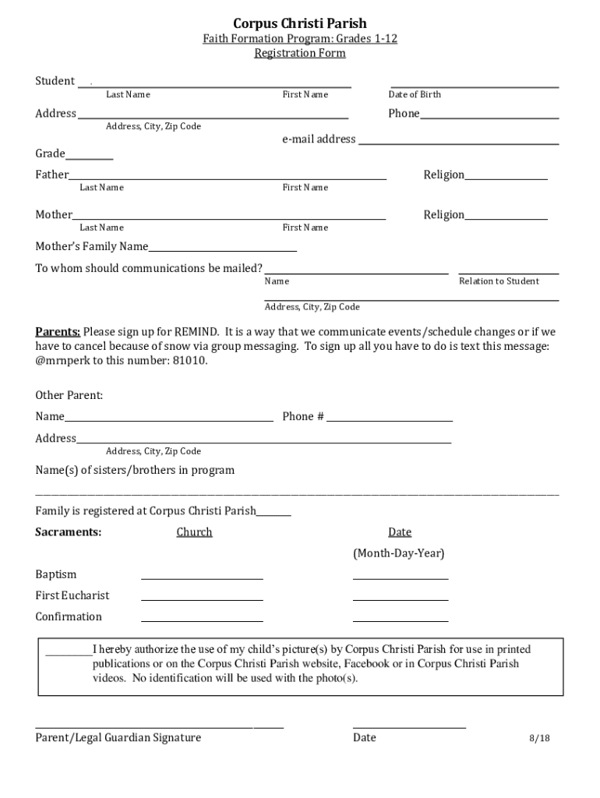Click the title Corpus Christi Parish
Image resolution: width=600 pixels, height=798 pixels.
(x=300, y=23)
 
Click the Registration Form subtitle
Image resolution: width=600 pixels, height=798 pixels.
(x=300, y=53)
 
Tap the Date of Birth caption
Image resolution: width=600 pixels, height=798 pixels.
(x=415, y=94)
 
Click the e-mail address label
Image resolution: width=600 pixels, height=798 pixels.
(x=319, y=139)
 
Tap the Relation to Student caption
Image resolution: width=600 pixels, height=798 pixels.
(x=499, y=281)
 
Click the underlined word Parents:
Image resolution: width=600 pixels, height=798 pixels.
(x=58, y=331)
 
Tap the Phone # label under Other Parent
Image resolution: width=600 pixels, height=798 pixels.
(x=303, y=416)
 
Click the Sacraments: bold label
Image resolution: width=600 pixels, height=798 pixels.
(x=68, y=531)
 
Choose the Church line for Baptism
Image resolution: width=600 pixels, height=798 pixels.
(x=202, y=577)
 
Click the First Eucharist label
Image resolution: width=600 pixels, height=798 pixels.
(x=72, y=595)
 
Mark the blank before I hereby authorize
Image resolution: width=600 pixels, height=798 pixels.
(x=69, y=653)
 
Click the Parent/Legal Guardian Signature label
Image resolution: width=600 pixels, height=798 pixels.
(x=118, y=737)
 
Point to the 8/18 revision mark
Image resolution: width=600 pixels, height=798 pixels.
(x=540, y=738)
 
